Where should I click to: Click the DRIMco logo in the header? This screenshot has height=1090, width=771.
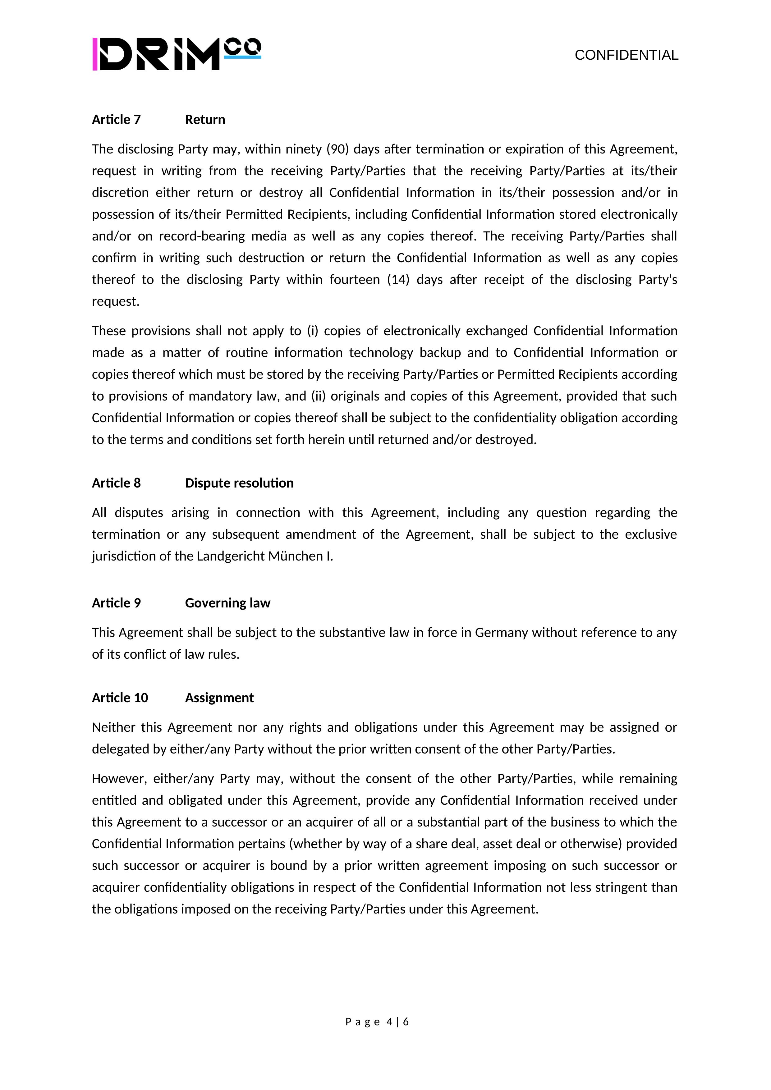pyautogui.click(x=177, y=54)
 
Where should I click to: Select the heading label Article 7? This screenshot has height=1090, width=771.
pyautogui.click(x=116, y=120)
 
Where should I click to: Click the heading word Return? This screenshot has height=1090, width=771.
pyautogui.click(x=205, y=120)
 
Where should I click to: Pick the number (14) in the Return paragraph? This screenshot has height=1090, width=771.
pyautogui.click(x=398, y=280)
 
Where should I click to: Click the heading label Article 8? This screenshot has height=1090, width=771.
pyautogui.click(x=116, y=483)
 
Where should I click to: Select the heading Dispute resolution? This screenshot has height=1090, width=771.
pyautogui.click(x=239, y=483)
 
